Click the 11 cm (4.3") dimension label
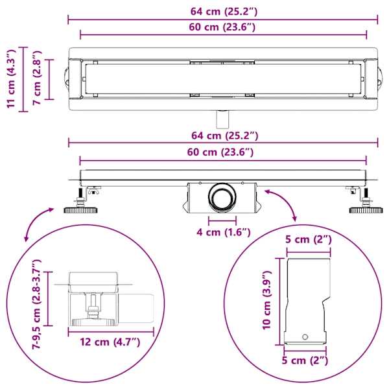(11, 79)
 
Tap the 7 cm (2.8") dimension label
(37, 78)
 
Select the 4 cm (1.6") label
(224, 233)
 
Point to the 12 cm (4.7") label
(110, 342)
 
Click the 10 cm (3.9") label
(267, 300)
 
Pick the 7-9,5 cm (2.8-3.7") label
(36, 304)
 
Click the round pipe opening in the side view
(222, 198)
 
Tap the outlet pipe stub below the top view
(222, 119)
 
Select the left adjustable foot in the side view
(81, 203)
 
